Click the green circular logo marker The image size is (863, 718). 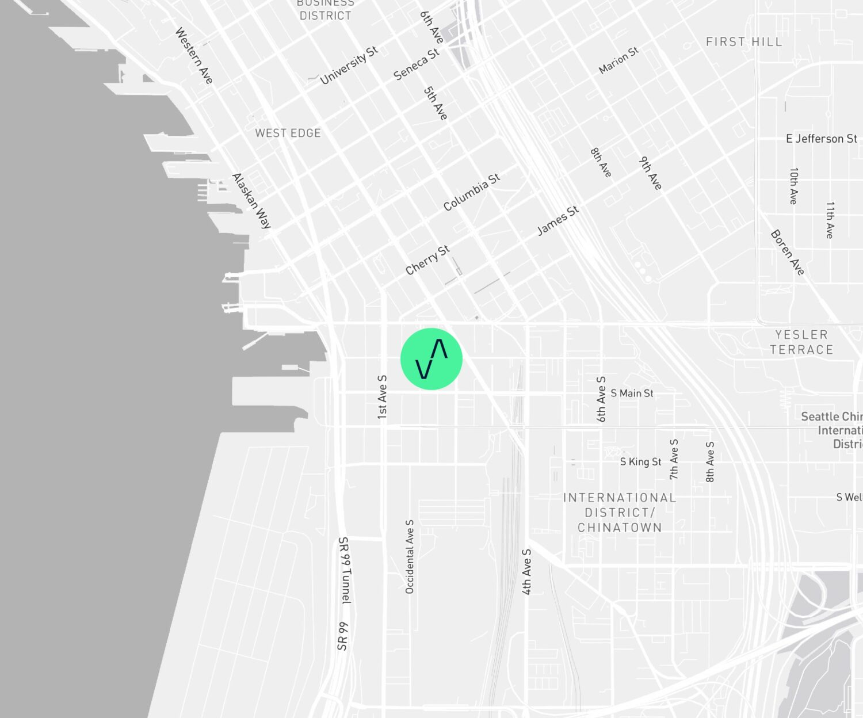tap(431, 359)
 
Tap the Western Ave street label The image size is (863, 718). tap(194, 55)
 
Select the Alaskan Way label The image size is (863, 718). tap(251, 201)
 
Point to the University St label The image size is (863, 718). tap(349, 65)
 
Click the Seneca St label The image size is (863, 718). tap(417, 64)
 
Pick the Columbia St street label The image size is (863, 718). tap(472, 192)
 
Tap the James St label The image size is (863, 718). tap(557, 221)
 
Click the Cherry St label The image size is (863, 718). tap(427, 260)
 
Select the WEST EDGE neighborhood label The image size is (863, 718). tap(288, 133)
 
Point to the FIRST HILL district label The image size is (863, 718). tap(744, 42)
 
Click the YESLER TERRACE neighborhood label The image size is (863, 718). tap(801, 342)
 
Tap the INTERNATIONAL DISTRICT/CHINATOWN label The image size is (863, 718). tap(620, 513)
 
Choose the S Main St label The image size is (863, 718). tap(632, 393)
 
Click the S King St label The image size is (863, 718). tap(640, 461)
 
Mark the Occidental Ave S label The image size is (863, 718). tap(410, 556)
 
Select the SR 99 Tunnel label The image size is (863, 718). tap(344, 570)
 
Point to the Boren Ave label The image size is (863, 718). tap(787, 253)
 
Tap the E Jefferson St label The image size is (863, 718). tap(822, 139)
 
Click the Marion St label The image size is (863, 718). tap(618, 60)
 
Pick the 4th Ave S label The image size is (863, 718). tap(526, 571)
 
